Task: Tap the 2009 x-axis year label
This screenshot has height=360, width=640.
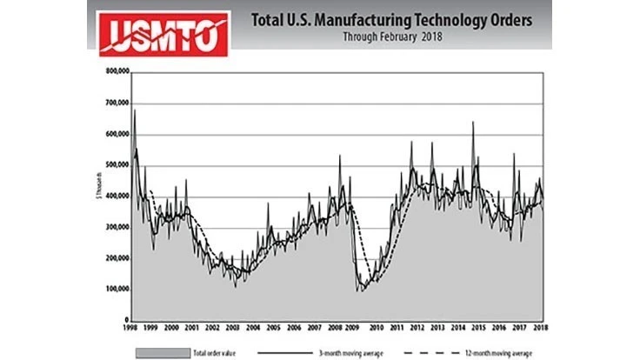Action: [355, 328]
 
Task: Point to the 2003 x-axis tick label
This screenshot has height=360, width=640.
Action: [233, 328]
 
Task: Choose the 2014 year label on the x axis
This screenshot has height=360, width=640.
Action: [457, 328]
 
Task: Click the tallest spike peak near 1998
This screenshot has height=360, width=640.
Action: [134, 110]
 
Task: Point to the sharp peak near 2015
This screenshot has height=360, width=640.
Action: [473, 122]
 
